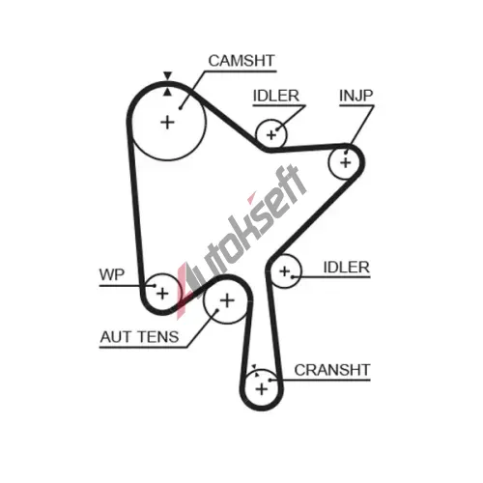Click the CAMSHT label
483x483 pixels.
tap(241, 61)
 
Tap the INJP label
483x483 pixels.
tap(356, 96)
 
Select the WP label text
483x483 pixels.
tap(112, 274)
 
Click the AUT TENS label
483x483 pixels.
tap(139, 337)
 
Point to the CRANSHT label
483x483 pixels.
tap(332, 370)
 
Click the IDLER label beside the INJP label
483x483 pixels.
tap(276, 96)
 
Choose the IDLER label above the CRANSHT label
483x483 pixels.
tap(347, 268)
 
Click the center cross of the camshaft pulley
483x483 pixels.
tap(167, 123)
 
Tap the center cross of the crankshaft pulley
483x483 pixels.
tap(262, 389)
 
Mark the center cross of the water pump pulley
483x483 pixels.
tap(162, 294)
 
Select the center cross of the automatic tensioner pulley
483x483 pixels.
tap(227, 300)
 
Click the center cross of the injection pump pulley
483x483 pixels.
tap(346, 162)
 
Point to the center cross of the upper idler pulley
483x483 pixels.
tap(271, 135)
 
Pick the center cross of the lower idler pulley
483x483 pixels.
tap(285, 271)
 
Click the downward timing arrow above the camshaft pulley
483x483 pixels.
tap(167, 75)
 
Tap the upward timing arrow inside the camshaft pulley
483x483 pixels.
tap(167, 92)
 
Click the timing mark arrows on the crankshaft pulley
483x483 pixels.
tap(255, 370)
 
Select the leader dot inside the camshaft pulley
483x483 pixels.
tap(181, 108)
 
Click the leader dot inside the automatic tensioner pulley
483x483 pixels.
tap(217, 310)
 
